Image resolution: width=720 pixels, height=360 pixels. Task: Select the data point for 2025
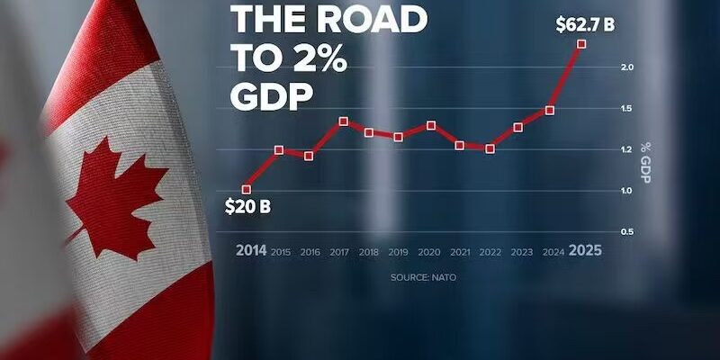click(581, 43)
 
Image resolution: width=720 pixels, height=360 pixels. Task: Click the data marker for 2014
click(247, 189)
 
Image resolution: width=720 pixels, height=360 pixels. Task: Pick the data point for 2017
click(344, 121)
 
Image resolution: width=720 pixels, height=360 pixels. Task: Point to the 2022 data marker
click(490, 148)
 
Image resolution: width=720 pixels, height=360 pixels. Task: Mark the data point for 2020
click(431, 125)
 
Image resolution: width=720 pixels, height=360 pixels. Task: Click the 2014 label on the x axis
click(251, 250)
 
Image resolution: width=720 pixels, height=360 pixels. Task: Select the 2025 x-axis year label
click(584, 250)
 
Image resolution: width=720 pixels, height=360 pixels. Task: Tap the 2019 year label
click(399, 251)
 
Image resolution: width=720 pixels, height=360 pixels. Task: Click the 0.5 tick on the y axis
click(627, 232)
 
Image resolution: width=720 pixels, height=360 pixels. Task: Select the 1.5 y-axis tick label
click(627, 109)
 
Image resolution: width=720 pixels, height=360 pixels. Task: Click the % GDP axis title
click(646, 162)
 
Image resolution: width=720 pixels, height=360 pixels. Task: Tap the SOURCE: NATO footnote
click(423, 277)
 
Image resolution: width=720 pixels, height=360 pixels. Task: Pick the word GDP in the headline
click(269, 95)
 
